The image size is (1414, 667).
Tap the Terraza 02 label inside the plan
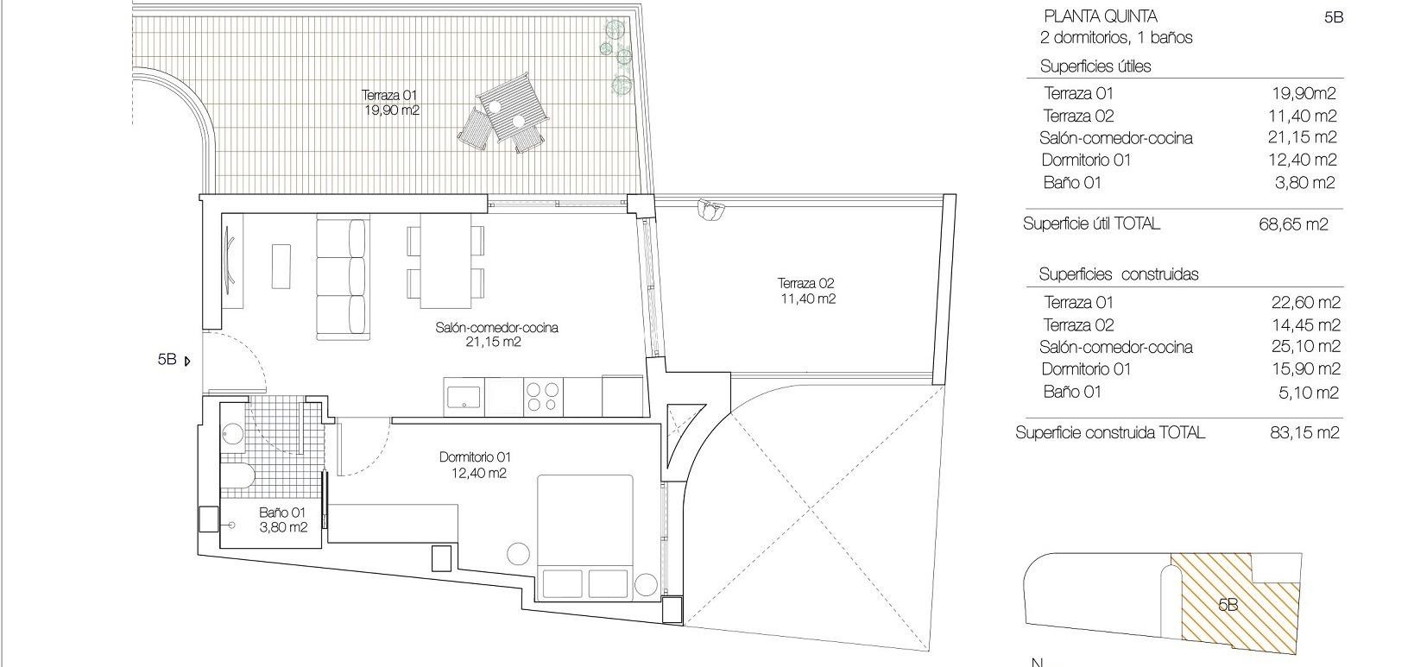click(x=805, y=291)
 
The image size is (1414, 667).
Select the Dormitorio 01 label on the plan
click(x=476, y=464)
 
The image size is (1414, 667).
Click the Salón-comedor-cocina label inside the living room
click(x=496, y=334)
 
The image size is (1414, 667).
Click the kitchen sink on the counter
click(x=464, y=397)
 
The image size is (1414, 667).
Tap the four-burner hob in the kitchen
click(x=543, y=397)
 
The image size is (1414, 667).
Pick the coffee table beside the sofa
click(x=281, y=266)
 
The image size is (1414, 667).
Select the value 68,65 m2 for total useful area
click(x=1293, y=224)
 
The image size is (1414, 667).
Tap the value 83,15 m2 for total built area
click(x=1304, y=432)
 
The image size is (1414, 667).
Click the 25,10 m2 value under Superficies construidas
click(x=1304, y=347)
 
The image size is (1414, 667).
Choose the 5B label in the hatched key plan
click(x=1228, y=605)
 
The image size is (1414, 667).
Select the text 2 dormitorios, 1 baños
click(x=1116, y=38)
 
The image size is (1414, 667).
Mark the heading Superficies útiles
click(x=1095, y=66)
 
